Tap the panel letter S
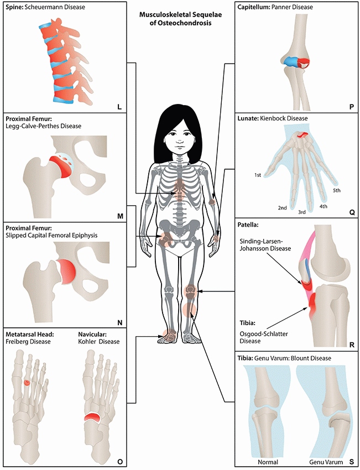(351, 460)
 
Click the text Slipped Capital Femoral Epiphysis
(51, 235)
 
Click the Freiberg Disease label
(28, 341)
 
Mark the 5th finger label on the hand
(336, 190)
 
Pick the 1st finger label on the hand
(258, 175)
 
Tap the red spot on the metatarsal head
(27, 382)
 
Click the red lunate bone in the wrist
(302, 134)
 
